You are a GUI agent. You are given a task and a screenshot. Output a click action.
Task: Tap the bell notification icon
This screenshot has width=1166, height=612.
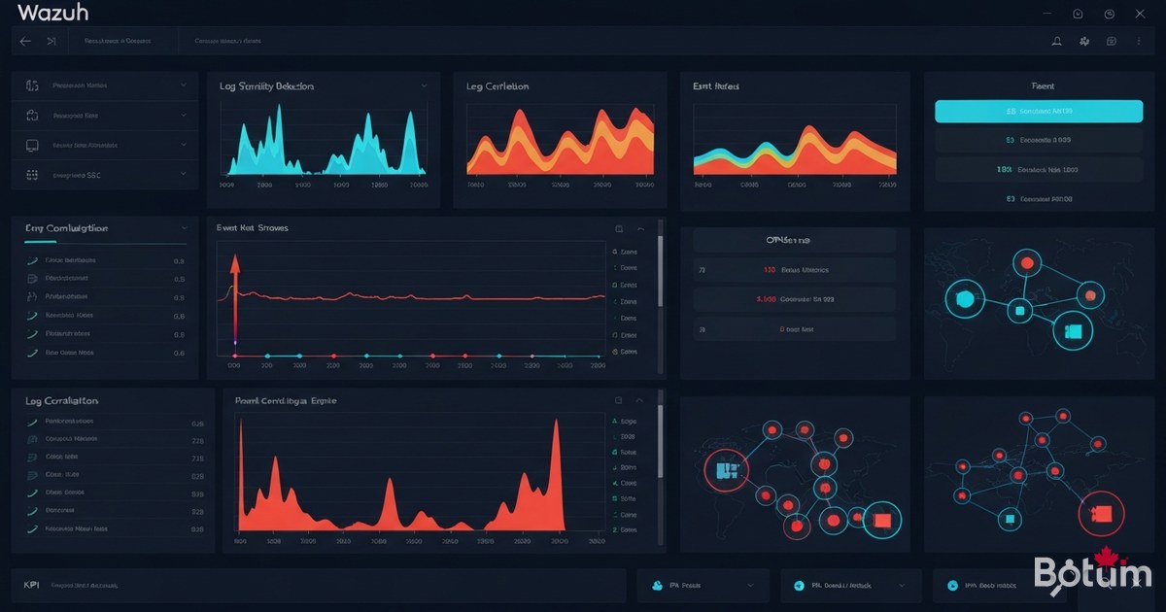[x=1056, y=42]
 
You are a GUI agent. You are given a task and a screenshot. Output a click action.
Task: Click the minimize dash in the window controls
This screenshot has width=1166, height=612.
[x=1046, y=14]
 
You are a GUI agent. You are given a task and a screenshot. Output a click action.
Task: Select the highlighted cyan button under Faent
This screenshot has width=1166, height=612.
[x=1038, y=112]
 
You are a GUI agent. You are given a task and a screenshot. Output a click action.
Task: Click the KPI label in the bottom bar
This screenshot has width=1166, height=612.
[x=31, y=586]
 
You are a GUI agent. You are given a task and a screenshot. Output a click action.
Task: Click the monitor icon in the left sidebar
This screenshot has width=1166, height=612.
[x=32, y=145]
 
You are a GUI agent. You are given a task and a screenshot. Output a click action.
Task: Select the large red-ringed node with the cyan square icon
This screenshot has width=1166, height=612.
[x=722, y=472]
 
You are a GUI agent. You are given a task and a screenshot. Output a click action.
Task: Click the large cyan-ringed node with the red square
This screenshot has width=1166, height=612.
[x=882, y=521]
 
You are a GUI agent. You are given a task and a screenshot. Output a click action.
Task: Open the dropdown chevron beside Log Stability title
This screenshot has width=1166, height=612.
[x=424, y=86]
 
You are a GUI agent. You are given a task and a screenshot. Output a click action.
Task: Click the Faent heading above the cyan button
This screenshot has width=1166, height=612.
[x=1044, y=86]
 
